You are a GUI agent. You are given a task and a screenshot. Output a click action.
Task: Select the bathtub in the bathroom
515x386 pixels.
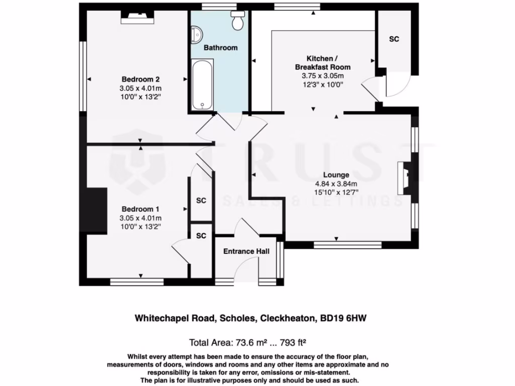click(202, 84)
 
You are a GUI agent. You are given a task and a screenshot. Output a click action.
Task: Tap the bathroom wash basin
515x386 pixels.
click(196, 34)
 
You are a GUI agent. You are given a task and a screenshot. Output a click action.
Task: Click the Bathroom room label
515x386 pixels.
click(220, 48)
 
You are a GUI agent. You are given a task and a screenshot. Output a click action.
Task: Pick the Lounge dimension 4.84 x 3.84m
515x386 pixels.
click(336, 184)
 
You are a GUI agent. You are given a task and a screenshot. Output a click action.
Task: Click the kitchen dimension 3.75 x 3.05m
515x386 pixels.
click(322, 76)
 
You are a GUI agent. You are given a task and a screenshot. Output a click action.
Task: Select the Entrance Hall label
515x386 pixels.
click(246, 251)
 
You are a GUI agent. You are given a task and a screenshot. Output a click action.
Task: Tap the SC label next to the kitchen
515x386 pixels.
click(394, 39)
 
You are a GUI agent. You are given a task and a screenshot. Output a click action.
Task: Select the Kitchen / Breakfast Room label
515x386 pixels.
click(322, 62)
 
